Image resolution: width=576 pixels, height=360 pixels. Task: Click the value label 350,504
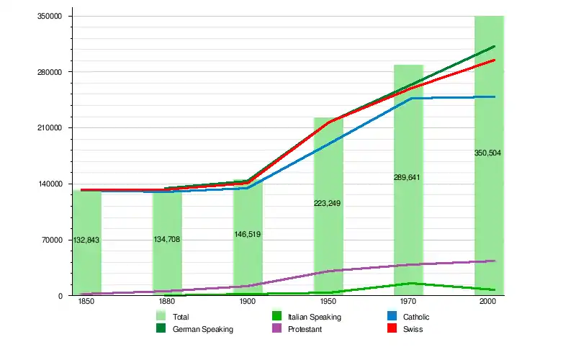(487, 153)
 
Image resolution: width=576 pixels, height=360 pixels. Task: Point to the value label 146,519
(248, 234)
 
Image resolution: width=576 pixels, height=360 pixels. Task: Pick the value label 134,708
(166, 239)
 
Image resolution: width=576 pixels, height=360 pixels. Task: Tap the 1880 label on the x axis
(166, 302)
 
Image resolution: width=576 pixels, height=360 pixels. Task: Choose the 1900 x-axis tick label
(247, 302)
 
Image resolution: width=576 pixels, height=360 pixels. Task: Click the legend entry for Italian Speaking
(314, 317)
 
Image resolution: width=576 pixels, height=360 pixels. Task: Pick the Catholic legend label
(416, 317)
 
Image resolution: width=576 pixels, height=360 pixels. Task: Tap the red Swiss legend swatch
(392, 329)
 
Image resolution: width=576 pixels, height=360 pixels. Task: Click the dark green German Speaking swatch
(161, 329)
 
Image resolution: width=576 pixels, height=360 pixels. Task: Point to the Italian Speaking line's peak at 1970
(410, 283)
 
